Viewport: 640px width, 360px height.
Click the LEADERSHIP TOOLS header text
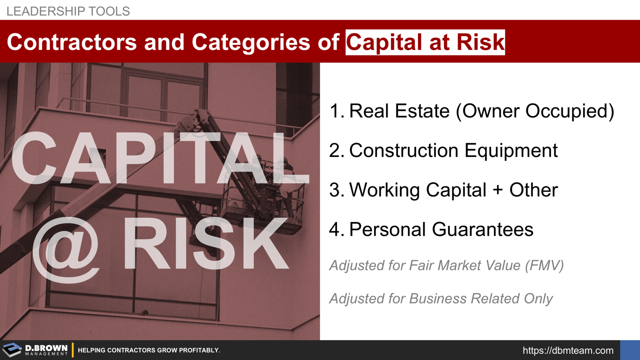68,11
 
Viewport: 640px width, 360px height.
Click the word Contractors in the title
71,42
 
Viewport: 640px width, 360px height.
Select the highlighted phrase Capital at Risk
425,42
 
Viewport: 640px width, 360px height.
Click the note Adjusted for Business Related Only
441,298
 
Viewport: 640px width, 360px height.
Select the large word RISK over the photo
205,243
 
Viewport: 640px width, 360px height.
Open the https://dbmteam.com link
568,350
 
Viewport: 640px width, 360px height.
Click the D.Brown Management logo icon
12,350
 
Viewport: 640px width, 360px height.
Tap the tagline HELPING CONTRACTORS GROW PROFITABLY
149,350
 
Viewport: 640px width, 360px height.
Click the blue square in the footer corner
629,350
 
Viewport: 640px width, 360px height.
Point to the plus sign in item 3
495,190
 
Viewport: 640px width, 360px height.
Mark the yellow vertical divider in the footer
73,350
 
